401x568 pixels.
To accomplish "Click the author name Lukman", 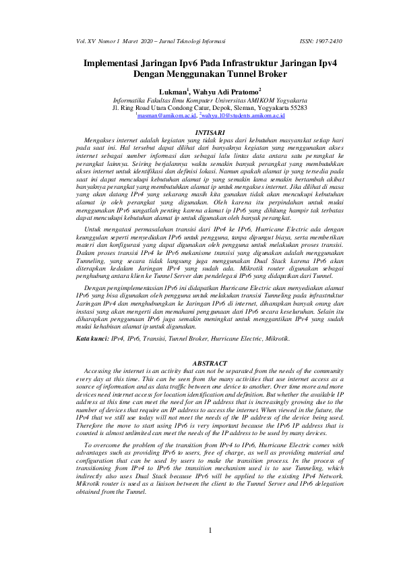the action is [171, 91].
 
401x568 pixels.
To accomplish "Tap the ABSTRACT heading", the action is [200, 363].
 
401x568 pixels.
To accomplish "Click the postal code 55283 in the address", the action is [295, 108].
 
